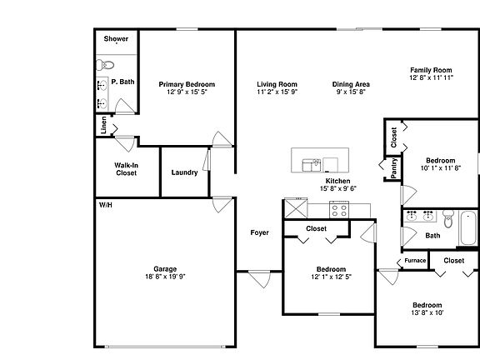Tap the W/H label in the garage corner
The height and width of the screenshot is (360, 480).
(106, 204)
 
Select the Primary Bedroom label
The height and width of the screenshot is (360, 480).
(187, 84)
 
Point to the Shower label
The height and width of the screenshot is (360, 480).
(115, 39)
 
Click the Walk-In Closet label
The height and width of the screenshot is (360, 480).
(126, 169)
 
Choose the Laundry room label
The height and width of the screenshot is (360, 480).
(184, 172)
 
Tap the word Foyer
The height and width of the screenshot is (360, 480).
(259, 232)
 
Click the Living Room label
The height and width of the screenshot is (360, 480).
(277, 84)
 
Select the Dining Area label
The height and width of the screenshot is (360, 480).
(351, 84)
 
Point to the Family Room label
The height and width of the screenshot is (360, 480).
(431, 69)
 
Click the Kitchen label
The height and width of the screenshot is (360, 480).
(337, 181)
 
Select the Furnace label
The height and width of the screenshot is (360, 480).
(415, 261)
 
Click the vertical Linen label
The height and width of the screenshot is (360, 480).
(103, 126)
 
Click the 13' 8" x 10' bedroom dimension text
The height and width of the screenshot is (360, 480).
(427, 312)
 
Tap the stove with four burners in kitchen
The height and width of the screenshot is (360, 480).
(339, 209)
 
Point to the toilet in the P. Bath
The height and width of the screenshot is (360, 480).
(105, 64)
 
